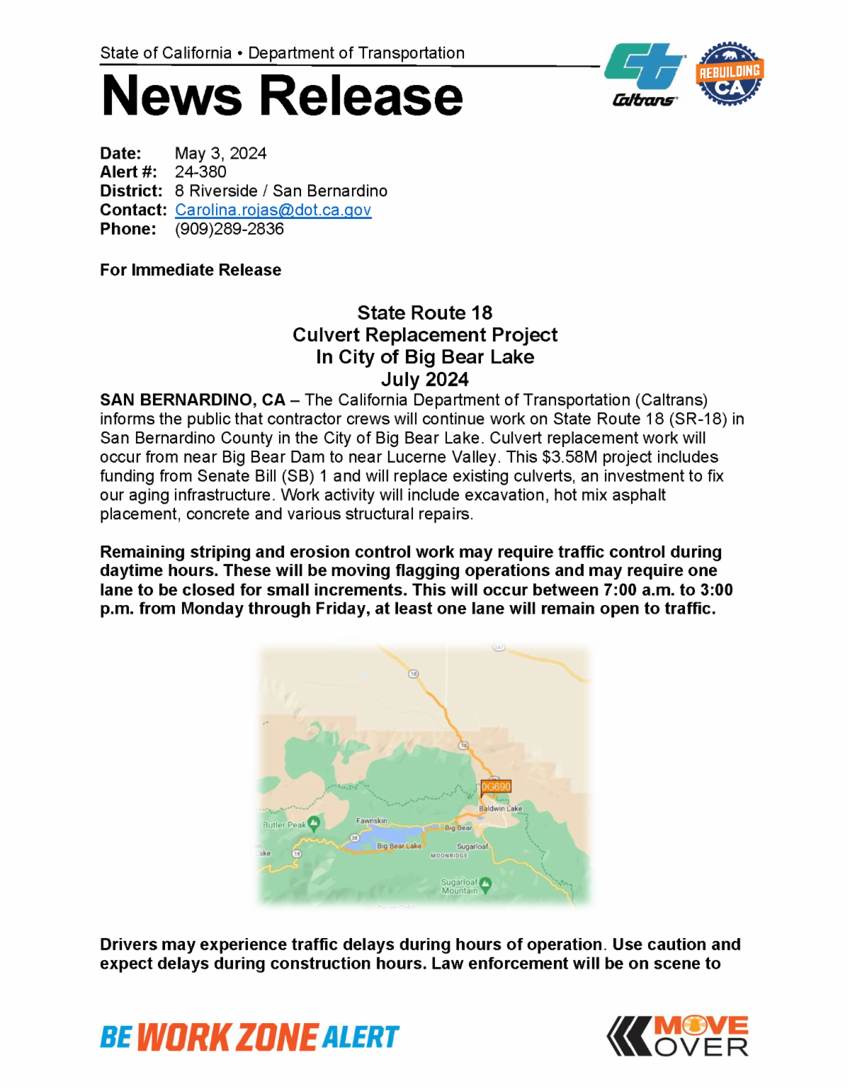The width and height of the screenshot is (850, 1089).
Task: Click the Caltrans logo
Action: (645, 74)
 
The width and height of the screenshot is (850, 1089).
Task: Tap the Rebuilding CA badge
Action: (729, 74)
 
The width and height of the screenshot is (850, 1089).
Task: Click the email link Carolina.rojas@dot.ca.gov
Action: (273, 210)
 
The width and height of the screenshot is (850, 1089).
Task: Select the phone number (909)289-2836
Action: (229, 230)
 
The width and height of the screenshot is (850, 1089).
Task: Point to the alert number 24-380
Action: (200, 172)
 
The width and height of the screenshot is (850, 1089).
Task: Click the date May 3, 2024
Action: (220, 154)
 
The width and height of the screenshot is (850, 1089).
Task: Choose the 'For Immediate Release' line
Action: (191, 270)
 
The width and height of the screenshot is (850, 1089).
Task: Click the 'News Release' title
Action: (282, 96)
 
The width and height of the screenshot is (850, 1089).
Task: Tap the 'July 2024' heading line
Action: (425, 380)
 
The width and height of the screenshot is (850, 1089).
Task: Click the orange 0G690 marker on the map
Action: (496, 786)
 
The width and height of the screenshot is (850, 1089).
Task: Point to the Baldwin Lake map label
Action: (500, 808)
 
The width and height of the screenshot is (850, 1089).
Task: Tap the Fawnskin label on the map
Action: (371, 820)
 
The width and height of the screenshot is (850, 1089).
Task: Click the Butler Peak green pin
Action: (314, 823)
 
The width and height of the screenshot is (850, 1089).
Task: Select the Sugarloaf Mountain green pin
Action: (485, 884)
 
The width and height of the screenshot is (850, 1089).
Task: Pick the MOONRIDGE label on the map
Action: (449, 856)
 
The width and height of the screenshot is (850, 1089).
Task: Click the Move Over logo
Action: (678, 1037)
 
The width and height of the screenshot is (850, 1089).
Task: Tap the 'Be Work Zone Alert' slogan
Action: (249, 1037)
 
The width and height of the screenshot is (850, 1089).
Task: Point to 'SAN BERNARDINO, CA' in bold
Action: (192, 400)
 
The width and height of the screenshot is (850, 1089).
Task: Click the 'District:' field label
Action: (131, 191)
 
